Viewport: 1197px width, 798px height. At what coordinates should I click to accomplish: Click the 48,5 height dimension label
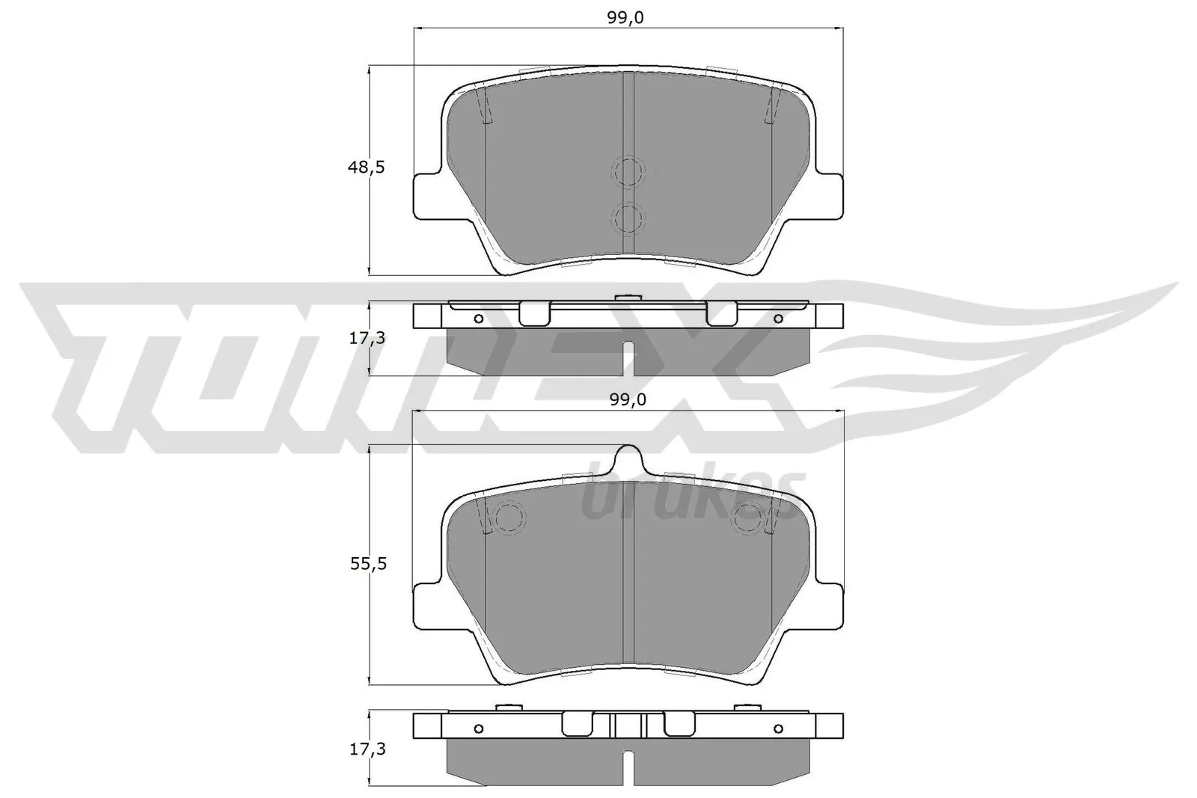coord(366,168)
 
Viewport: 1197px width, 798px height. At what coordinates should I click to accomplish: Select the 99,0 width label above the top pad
coord(625,17)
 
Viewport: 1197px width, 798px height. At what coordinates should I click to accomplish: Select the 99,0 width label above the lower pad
coord(628,400)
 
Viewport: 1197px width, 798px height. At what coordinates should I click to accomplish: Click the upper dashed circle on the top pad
coord(628,172)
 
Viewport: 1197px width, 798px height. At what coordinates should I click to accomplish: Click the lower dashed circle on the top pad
coord(628,218)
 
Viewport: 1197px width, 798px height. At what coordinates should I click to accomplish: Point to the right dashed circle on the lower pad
coord(748,518)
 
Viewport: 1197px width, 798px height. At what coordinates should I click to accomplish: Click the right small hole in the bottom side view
coord(778,728)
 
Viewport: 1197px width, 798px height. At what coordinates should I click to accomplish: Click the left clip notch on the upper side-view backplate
coord(534,313)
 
